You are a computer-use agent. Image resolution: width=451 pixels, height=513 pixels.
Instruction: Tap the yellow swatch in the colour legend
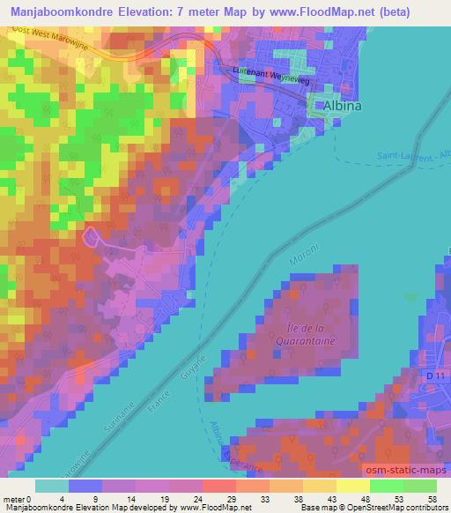(x=352, y=486)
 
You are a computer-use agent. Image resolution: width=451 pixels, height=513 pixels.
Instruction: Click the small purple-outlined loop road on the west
(x=88, y=235)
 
